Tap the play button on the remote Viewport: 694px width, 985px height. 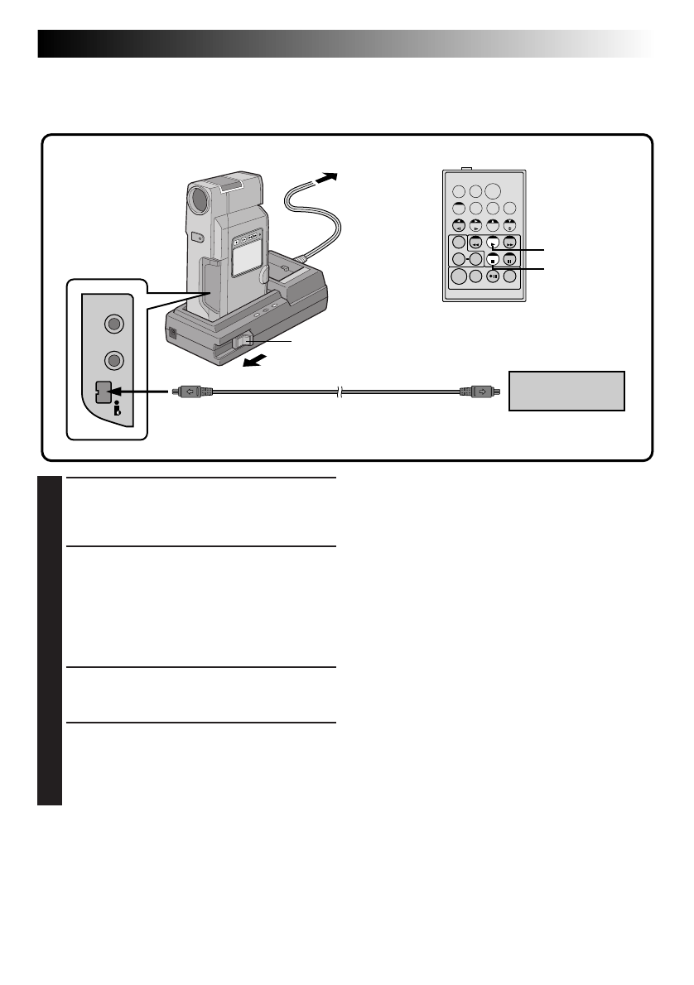[x=492, y=243]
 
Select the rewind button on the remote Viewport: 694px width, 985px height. [x=475, y=243]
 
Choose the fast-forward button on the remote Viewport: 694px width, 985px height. [x=509, y=243]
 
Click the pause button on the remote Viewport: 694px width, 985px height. [x=509, y=259]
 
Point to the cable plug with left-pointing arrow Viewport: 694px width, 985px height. [x=190, y=391]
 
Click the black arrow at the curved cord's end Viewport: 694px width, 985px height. [x=328, y=176]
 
